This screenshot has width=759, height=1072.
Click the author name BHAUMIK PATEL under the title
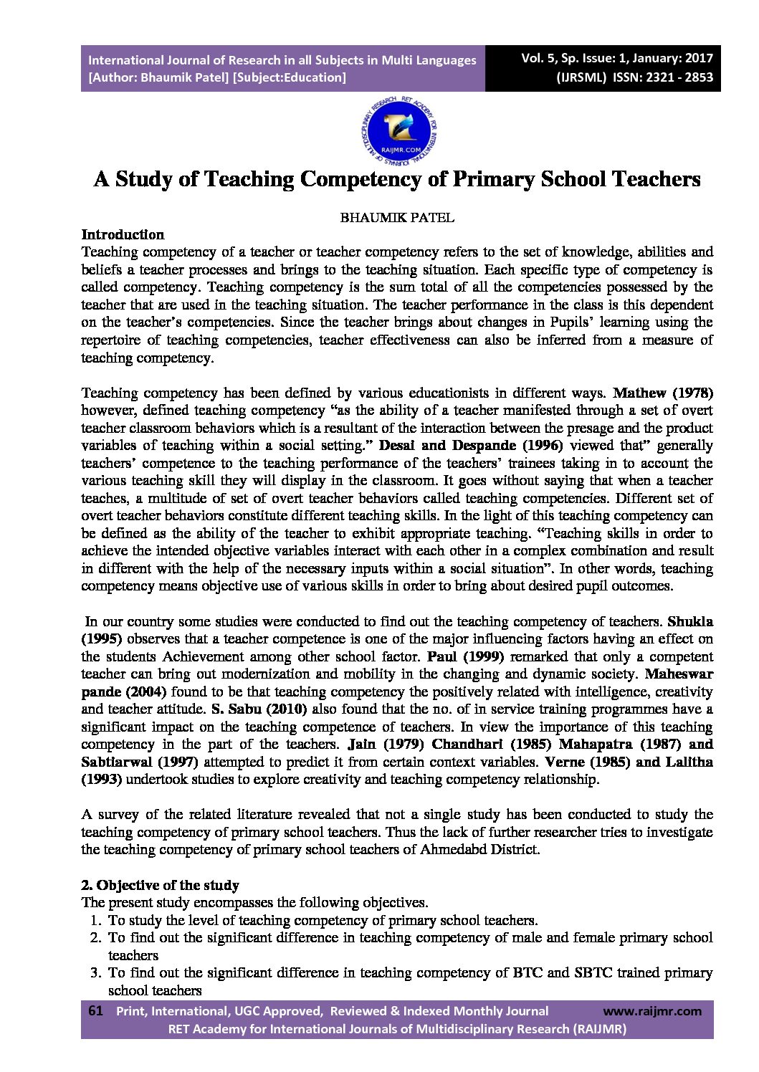396,218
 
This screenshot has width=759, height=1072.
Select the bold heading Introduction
123,234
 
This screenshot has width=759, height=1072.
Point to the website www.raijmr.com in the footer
652,1011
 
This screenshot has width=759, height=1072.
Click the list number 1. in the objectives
95,920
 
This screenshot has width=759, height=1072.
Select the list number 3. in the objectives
95,973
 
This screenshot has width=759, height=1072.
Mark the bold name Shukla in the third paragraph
690,621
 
